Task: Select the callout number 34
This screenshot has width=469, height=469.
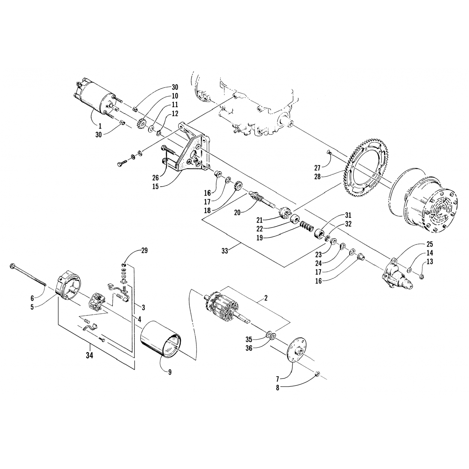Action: tap(90, 356)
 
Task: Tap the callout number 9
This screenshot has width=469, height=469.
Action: tap(169, 372)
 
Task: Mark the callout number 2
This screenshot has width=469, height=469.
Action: tap(265, 298)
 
